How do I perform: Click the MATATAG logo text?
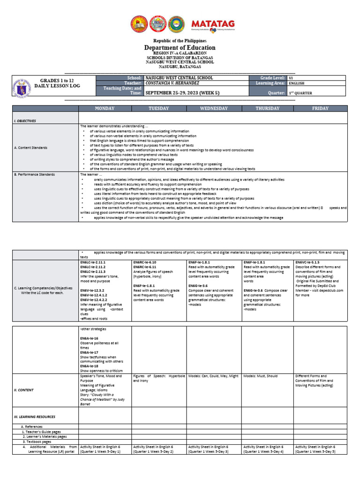213,24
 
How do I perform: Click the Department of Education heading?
180,47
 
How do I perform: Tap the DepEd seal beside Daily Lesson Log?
23,86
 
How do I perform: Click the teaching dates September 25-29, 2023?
182,93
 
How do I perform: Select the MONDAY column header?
105,108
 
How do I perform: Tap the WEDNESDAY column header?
213,108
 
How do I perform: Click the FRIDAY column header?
320,108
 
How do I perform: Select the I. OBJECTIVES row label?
25,121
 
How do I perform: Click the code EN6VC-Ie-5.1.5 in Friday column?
307,262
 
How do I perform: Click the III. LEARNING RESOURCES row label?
35,416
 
